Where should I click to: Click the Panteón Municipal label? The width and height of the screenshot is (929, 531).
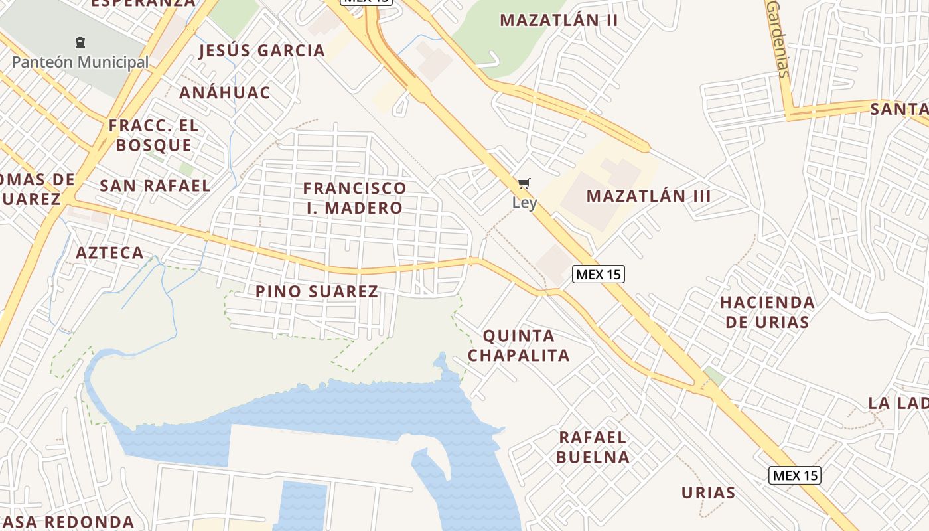pos(80,62)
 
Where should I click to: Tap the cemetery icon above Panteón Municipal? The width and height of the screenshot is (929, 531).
pos(80,43)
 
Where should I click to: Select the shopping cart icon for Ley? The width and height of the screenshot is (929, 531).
pos(524,184)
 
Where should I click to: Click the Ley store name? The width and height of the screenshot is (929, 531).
pos(524,202)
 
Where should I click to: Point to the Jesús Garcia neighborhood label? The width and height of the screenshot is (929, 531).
pos(261,50)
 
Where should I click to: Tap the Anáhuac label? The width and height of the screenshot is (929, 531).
pos(225,92)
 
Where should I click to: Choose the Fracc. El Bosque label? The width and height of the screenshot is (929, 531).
pos(154,135)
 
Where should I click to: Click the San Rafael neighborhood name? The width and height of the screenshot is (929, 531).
pos(155,185)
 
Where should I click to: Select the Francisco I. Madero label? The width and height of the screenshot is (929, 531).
pos(354,198)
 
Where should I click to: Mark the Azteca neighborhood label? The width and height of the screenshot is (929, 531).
pos(109,252)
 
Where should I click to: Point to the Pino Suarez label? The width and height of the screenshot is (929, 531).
pos(317,291)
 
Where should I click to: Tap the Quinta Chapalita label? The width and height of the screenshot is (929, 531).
pos(519,345)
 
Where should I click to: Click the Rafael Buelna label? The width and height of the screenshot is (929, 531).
pos(593,447)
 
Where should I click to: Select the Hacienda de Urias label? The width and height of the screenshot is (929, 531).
pos(767,312)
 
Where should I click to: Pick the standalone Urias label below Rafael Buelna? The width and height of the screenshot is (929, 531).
pos(708,493)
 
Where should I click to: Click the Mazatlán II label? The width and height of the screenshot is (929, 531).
pos(559,20)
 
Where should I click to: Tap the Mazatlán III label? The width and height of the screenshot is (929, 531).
pos(648,196)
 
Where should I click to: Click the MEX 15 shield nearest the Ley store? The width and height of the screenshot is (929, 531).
pos(599,273)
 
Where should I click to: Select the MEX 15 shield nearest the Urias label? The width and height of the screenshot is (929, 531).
pos(795,475)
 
